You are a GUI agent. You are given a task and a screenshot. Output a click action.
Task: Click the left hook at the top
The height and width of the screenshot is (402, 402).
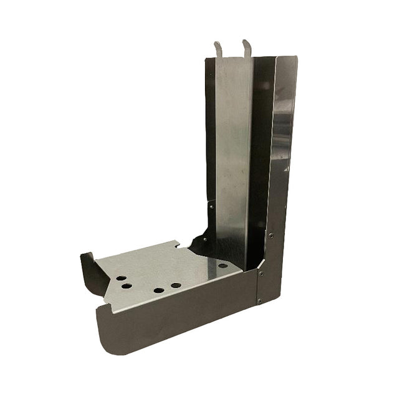tap(218, 47)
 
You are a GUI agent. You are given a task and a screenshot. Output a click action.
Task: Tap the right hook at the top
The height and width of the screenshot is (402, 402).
tap(247, 46)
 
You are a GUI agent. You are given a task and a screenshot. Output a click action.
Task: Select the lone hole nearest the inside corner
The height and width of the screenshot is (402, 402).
tap(223, 266)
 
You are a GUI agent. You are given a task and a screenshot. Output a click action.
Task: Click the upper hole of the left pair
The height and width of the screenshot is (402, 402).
tap(121, 278)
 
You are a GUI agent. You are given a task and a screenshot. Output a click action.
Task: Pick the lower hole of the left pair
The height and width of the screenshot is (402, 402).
tap(127, 286)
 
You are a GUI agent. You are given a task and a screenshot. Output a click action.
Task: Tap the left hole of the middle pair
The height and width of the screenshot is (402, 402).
tap(159, 290)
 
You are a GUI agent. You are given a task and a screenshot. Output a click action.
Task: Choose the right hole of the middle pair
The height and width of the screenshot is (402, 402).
tap(176, 285)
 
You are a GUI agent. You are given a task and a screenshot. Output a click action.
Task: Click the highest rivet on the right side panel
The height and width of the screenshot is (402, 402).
tap(270, 236)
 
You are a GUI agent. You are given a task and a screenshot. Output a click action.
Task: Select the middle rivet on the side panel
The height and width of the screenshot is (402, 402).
tap(261, 273)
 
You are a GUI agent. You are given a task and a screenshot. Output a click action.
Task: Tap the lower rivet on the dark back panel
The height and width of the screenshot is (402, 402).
tap(204, 237)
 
